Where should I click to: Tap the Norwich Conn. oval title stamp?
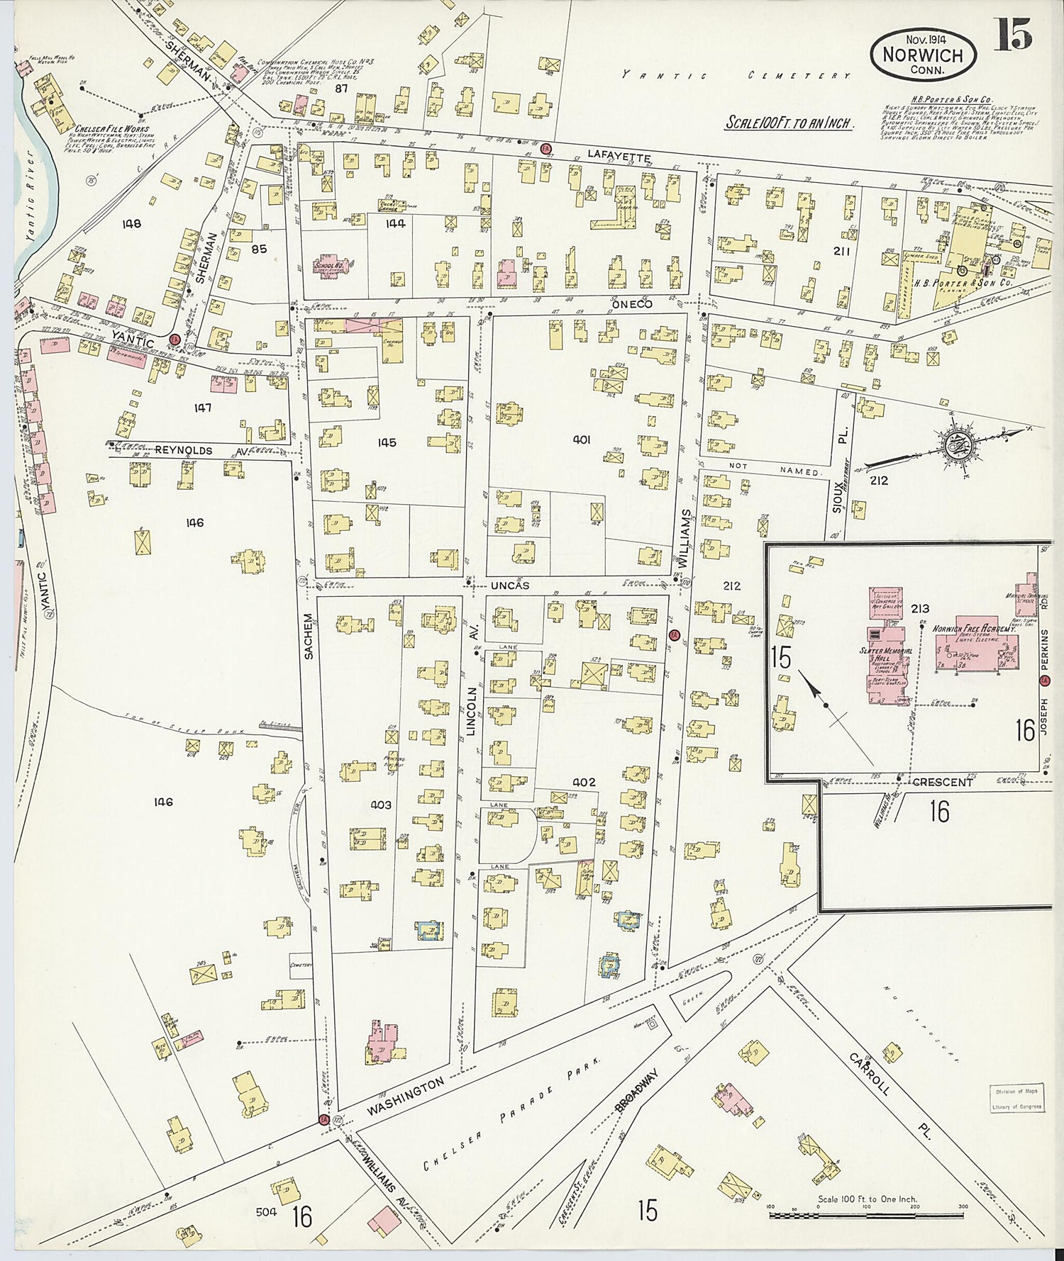click(x=923, y=52)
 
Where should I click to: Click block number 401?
click(x=582, y=439)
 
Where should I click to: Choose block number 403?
click(x=381, y=805)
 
